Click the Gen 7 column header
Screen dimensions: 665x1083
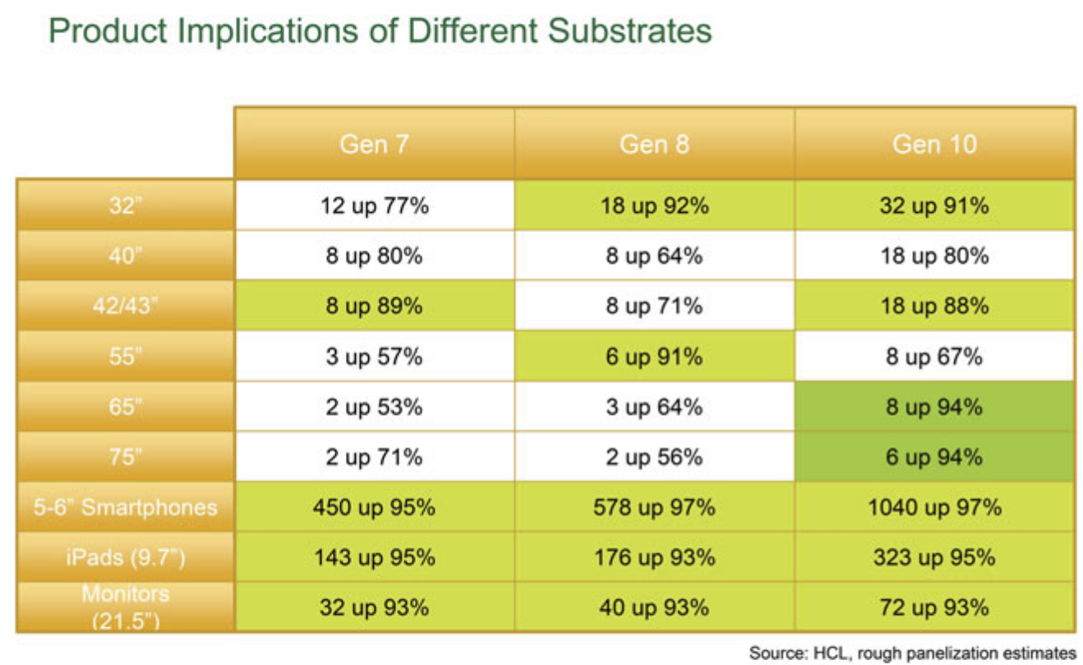(x=374, y=145)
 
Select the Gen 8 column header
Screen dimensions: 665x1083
(x=654, y=145)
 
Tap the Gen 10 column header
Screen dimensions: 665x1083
(x=934, y=145)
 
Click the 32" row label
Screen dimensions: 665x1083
(x=125, y=206)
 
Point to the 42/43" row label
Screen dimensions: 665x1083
(x=125, y=306)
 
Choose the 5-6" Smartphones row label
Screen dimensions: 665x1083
(x=125, y=507)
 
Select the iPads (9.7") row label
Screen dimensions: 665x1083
(x=125, y=558)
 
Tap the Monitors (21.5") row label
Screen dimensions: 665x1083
(x=125, y=607)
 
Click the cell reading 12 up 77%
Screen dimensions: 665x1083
(x=374, y=206)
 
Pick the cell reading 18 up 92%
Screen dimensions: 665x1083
(x=654, y=206)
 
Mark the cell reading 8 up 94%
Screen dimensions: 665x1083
(x=934, y=407)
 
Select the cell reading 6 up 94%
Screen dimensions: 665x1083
(x=934, y=457)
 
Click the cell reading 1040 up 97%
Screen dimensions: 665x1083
(x=934, y=507)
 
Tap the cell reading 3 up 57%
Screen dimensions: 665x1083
(x=374, y=357)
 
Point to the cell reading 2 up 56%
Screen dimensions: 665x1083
(x=654, y=457)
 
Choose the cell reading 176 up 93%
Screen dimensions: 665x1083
(x=654, y=558)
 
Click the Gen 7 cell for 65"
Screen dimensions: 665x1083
(x=374, y=407)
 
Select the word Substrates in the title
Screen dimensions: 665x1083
(x=629, y=31)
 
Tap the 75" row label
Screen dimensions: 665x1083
(x=125, y=457)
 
